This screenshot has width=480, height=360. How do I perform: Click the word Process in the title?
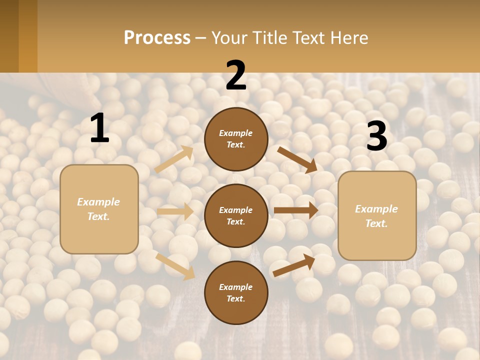(157, 37)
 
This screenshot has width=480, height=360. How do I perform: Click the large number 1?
(99, 128)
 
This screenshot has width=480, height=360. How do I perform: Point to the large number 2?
(236, 75)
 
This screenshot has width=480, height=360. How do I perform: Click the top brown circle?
(236, 139)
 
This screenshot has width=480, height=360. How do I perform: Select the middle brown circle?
(236, 215)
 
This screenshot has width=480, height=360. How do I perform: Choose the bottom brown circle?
(236, 292)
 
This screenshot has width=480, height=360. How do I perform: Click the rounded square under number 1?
(99, 209)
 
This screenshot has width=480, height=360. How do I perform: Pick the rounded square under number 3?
(377, 215)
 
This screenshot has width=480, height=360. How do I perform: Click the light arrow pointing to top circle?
(174, 159)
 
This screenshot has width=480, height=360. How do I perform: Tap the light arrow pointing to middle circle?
(175, 211)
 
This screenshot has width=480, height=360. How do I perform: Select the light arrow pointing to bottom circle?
(175, 266)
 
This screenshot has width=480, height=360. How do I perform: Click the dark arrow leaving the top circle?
(297, 160)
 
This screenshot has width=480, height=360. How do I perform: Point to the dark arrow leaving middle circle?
(296, 210)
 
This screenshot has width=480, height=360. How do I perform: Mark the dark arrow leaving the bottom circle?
(294, 265)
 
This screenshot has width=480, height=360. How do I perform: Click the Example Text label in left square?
(99, 209)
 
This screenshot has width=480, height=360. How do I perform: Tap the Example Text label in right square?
(377, 215)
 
